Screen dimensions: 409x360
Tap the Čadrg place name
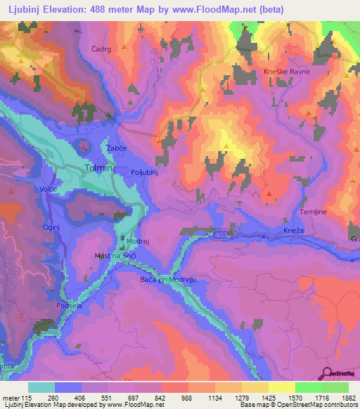tap(102, 50)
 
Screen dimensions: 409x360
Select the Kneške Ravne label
tap(287, 72)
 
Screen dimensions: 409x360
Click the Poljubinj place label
tap(146, 171)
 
